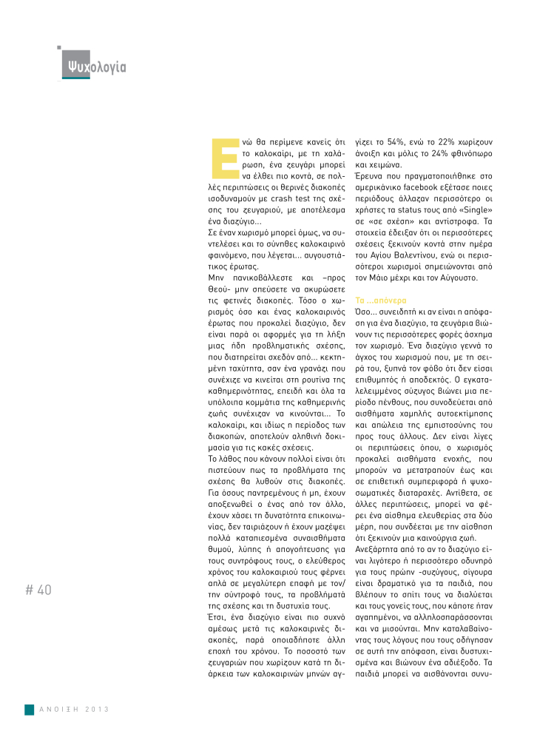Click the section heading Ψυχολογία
click(95, 67)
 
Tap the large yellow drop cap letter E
click(218, 157)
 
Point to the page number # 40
click(38, 590)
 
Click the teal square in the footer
click(29, 709)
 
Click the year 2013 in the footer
click(95, 709)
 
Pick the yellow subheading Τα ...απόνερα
click(381, 302)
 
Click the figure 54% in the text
click(393, 140)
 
